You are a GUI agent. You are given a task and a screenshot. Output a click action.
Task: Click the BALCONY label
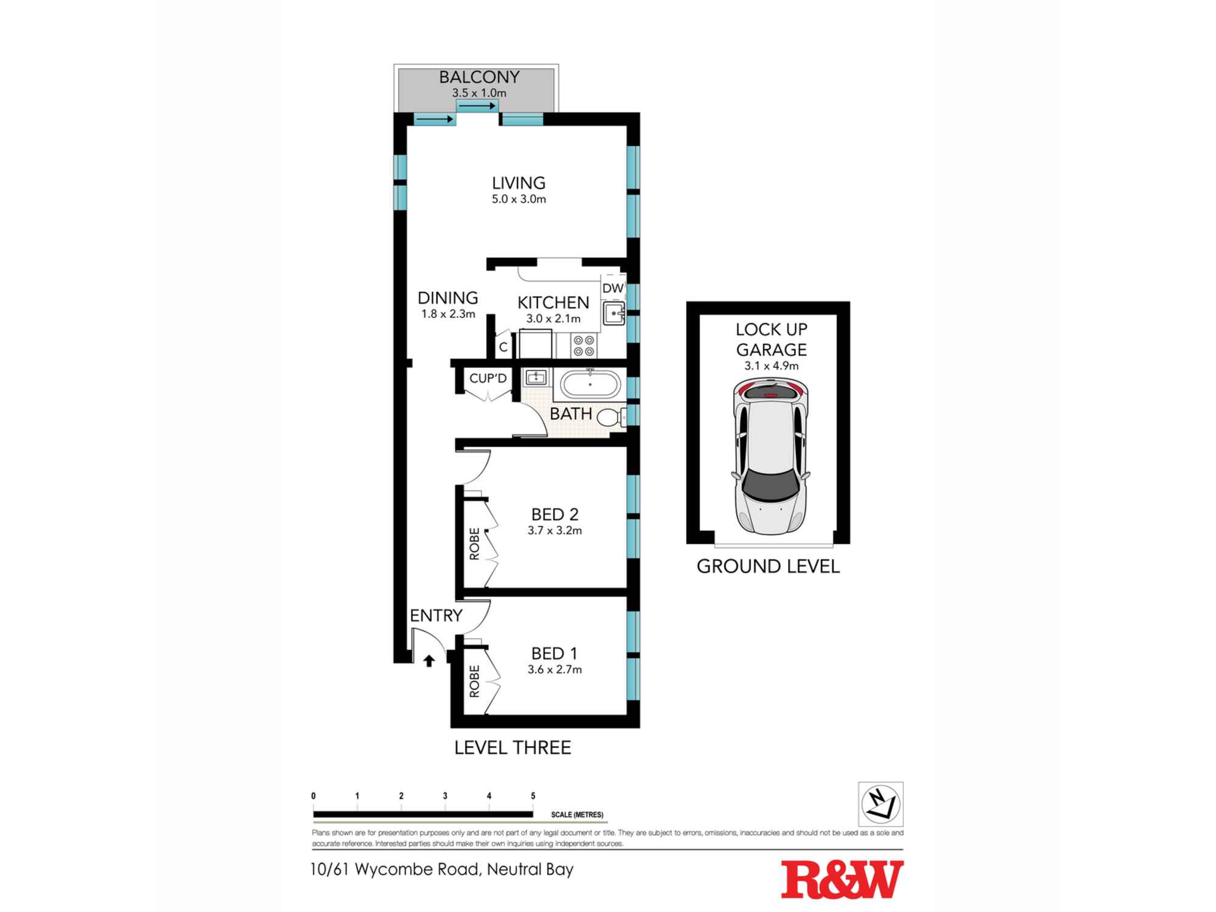coord(479,77)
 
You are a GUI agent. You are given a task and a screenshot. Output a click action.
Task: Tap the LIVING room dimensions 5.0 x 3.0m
coord(519,199)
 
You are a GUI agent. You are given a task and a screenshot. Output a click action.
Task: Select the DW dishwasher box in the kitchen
coord(613,288)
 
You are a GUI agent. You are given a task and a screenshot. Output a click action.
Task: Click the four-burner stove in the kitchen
coord(584,346)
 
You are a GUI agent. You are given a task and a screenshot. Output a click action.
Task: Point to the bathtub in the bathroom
coord(590,385)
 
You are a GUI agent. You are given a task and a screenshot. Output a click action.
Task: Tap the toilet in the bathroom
coord(610,418)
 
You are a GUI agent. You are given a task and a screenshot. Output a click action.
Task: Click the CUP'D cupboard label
coord(488,379)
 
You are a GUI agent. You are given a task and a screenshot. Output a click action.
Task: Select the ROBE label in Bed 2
coord(474,544)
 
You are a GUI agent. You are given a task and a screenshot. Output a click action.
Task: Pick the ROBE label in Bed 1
coord(474,681)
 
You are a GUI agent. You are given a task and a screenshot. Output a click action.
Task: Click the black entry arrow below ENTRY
coord(429,661)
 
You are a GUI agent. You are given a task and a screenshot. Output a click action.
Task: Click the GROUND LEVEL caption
coord(768,567)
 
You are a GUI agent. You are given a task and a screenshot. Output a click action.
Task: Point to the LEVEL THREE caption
coord(513,748)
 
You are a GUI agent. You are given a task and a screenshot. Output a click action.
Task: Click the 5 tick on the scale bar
coord(533,796)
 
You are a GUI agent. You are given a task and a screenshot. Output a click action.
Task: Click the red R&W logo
coord(842,880)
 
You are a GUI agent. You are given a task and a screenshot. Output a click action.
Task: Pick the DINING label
coord(447,298)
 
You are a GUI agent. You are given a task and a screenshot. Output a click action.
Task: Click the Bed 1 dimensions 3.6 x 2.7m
coord(554,670)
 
